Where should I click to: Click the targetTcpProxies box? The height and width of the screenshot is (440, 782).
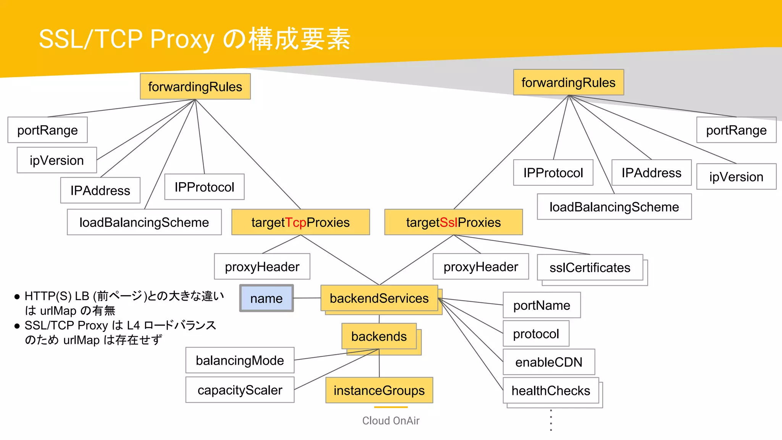[x=301, y=222]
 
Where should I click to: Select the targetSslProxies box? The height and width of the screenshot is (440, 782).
[x=453, y=222]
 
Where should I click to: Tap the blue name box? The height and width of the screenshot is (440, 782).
[x=267, y=298]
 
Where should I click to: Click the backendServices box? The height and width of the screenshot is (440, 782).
[x=379, y=298]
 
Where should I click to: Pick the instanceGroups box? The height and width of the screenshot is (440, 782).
[x=379, y=390]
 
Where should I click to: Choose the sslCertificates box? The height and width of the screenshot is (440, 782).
[x=590, y=267]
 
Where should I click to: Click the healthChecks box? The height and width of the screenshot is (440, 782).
[x=551, y=390]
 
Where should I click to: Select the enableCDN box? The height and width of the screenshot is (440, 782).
[x=549, y=362]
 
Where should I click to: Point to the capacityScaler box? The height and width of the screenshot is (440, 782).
[x=240, y=390]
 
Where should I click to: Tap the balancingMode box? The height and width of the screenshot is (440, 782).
[x=240, y=360]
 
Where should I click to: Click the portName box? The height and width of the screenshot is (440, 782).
[x=541, y=305]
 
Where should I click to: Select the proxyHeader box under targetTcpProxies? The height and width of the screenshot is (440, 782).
[x=262, y=267]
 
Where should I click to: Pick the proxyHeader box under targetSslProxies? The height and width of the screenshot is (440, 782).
[x=481, y=267]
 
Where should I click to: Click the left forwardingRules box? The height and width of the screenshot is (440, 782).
[x=195, y=87]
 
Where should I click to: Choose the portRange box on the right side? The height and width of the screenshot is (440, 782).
[x=736, y=130]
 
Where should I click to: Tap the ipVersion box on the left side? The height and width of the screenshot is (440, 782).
[x=57, y=160]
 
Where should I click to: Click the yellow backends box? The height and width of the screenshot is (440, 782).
[x=379, y=336]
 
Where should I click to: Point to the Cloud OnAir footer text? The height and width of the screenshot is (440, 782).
[x=391, y=421]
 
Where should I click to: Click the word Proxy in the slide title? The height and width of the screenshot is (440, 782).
[x=182, y=39]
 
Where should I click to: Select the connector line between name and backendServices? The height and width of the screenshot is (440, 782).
[x=307, y=298]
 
